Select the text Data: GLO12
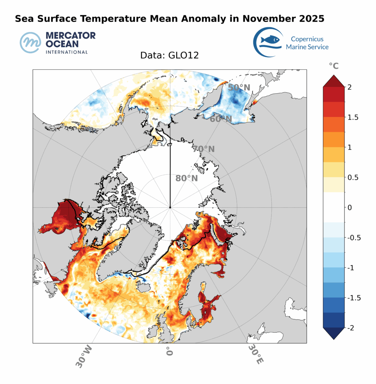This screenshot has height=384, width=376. [x=169, y=55]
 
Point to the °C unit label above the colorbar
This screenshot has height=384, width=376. [x=333, y=66]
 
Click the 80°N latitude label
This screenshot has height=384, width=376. [x=186, y=178]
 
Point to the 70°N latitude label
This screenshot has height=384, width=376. [x=204, y=149]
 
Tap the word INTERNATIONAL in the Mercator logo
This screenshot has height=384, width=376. [x=66, y=52]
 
